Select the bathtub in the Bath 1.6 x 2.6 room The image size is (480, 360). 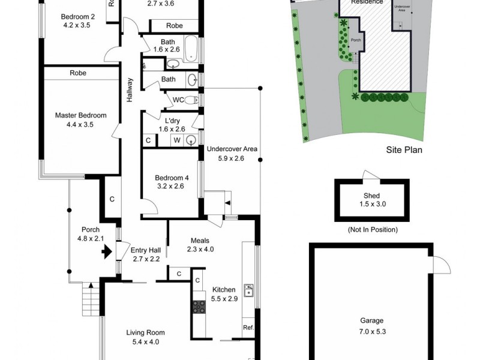(x=190, y=49)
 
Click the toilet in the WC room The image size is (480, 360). (x=191, y=100)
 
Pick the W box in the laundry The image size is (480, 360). (x=177, y=140)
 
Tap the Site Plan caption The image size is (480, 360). (x=404, y=150)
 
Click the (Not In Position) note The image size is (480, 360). (x=371, y=229)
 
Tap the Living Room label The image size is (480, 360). (x=145, y=337)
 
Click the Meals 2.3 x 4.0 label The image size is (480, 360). (x=200, y=245)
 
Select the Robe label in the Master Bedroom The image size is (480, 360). (x=77, y=73)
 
